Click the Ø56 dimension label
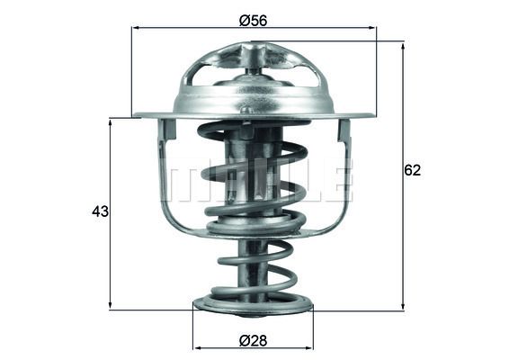[x=253, y=21]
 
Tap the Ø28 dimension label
[x=253, y=341]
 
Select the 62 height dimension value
[x=412, y=171]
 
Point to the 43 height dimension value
[x=100, y=211]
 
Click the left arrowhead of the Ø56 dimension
[x=137, y=28]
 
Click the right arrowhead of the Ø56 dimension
[x=372, y=28]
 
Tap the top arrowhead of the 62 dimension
[x=403, y=47]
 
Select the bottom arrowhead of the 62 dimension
[x=403, y=306]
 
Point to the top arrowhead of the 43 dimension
[x=110, y=122]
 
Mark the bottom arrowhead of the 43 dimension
[x=110, y=306]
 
